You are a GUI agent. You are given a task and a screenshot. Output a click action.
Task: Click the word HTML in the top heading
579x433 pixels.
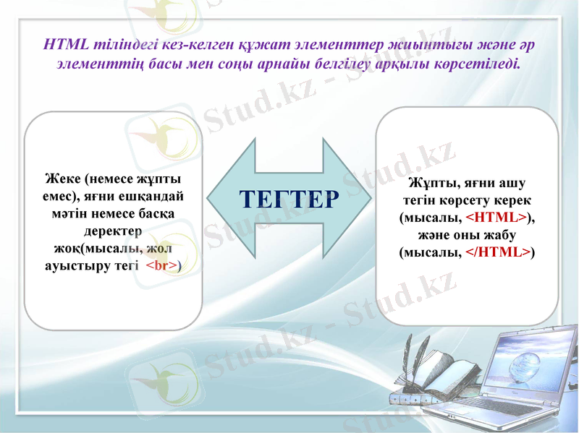tap(67, 44)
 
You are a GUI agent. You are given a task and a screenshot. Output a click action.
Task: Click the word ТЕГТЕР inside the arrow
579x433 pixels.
tap(289, 199)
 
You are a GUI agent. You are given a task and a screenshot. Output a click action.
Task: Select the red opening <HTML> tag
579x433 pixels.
tap(496, 218)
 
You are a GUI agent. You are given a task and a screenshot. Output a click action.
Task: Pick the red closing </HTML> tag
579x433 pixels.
tap(497, 252)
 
